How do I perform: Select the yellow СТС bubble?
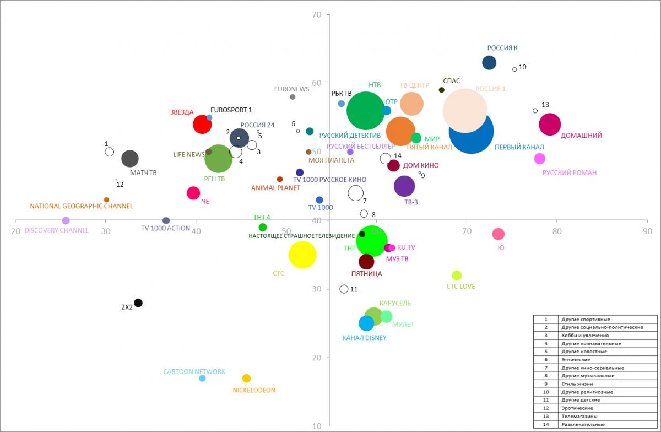click(302, 255)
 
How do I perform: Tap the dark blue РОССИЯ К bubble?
click(489, 63)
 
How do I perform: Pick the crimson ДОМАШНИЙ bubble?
click(550, 124)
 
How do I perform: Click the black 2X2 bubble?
click(138, 303)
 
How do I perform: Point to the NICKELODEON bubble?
click(246, 378)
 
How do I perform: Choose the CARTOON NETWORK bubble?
click(202, 378)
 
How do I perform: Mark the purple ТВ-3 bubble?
click(404, 186)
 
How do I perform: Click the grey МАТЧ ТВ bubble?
click(129, 159)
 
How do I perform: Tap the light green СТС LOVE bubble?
click(457, 275)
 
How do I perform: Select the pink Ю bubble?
click(498, 234)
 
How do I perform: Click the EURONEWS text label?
click(292, 88)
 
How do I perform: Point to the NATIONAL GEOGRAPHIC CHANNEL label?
click(82, 206)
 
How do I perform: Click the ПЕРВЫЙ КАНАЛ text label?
click(519, 147)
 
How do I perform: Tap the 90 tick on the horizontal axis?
click(647, 231)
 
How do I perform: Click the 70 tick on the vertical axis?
click(317, 14)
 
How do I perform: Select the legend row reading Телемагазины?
click(595, 416)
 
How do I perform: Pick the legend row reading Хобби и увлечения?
click(595, 336)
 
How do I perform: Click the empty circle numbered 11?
click(344, 289)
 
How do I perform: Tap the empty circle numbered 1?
click(109, 152)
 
